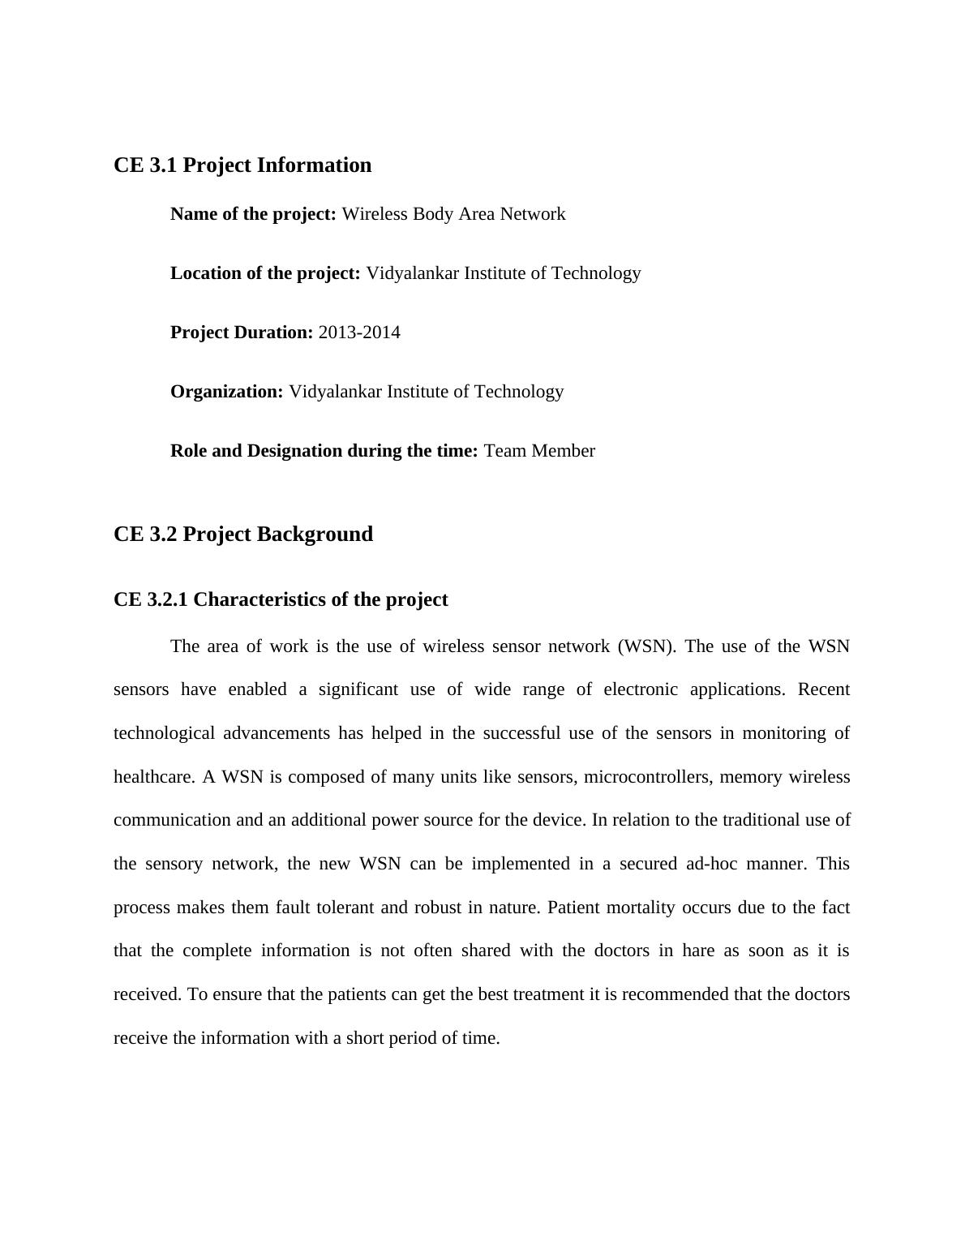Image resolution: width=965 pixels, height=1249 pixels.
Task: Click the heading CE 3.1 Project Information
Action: tap(242, 165)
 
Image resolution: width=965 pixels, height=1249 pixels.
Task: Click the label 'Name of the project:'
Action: tap(253, 214)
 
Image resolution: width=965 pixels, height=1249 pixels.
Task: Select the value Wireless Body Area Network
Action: tap(453, 214)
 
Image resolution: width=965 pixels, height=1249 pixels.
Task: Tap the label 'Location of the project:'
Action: tap(265, 273)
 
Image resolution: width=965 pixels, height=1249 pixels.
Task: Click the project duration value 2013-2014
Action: tap(359, 333)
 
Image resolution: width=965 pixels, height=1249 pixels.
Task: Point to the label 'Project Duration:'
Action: tap(242, 333)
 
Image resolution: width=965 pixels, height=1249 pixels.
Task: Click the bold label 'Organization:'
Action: tap(226, 392)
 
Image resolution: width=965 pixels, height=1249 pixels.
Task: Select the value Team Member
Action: tap(539, 451)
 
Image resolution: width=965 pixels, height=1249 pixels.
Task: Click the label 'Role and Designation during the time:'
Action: tap(324, 451)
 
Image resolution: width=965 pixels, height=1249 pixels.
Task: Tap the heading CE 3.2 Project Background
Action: tap(243, 534)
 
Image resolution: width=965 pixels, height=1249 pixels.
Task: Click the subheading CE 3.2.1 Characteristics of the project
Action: tap(281, 599)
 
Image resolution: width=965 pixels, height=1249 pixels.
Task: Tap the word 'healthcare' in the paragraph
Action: tap(153, 777)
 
